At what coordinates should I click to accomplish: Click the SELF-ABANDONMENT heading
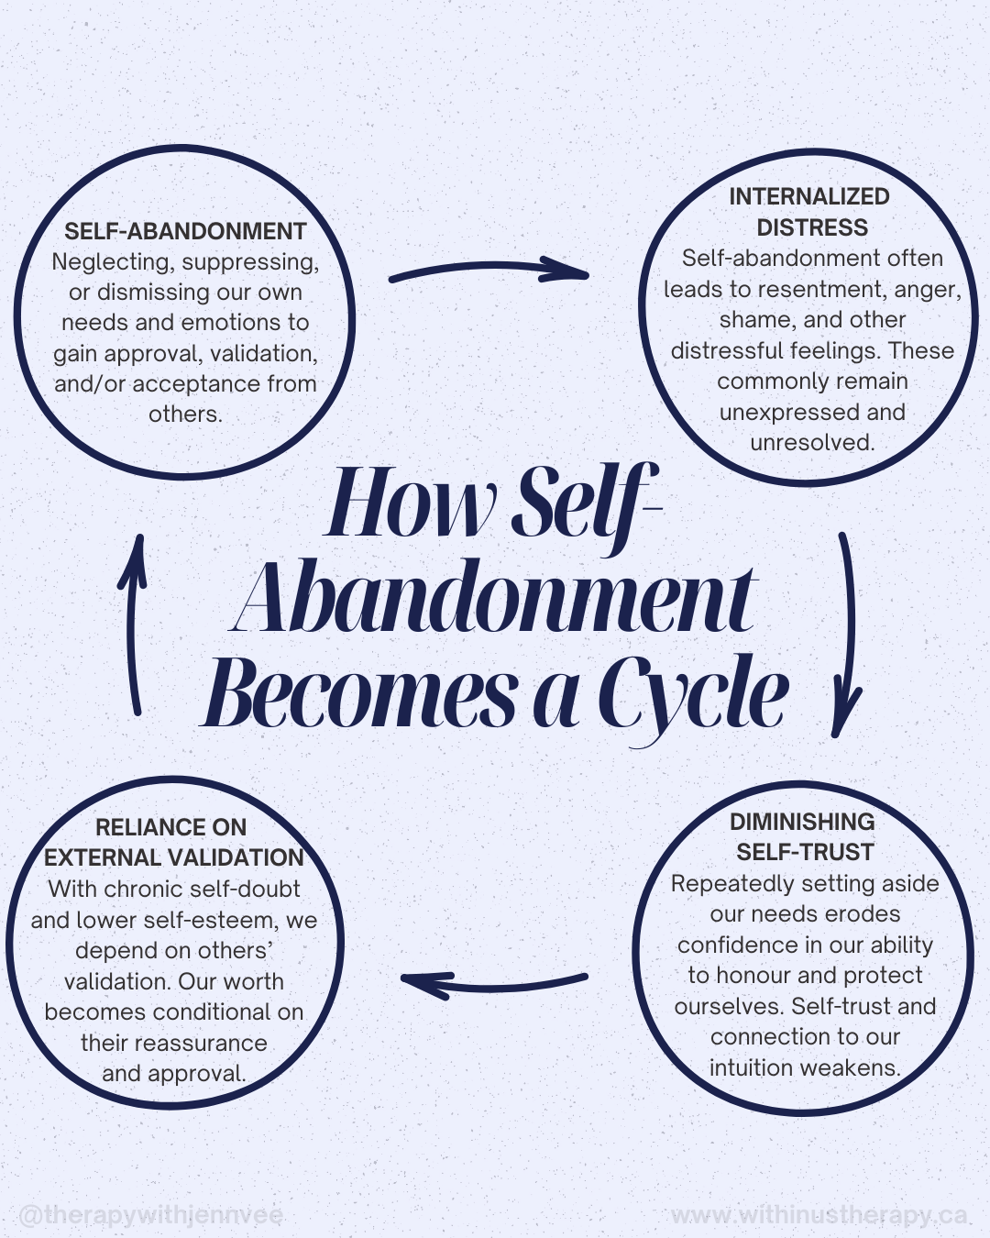(185, 231)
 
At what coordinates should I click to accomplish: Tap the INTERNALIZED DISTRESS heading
(810, 212)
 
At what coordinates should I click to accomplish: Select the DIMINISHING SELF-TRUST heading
(803, 836)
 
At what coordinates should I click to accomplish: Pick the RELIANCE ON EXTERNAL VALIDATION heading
(173, 842)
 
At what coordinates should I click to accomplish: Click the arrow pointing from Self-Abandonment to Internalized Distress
(488, 270)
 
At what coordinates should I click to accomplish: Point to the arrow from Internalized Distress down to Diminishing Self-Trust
(849, 633)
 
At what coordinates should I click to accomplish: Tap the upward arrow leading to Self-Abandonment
(134, 624)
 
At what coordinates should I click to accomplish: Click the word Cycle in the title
(693, 695)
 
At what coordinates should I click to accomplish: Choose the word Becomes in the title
(361, 695)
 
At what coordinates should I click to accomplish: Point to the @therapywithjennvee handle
(151, 1215)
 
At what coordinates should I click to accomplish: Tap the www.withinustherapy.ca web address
(819, 1215)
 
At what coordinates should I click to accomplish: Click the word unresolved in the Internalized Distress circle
(812, 443)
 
